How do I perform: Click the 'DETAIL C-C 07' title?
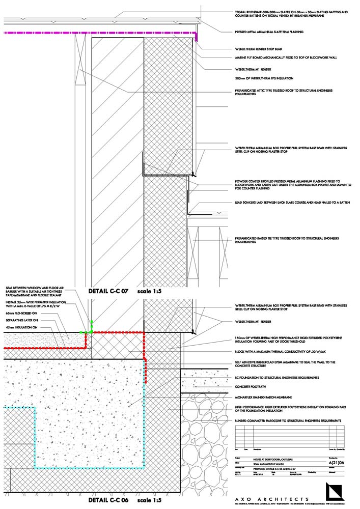point(110,292)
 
